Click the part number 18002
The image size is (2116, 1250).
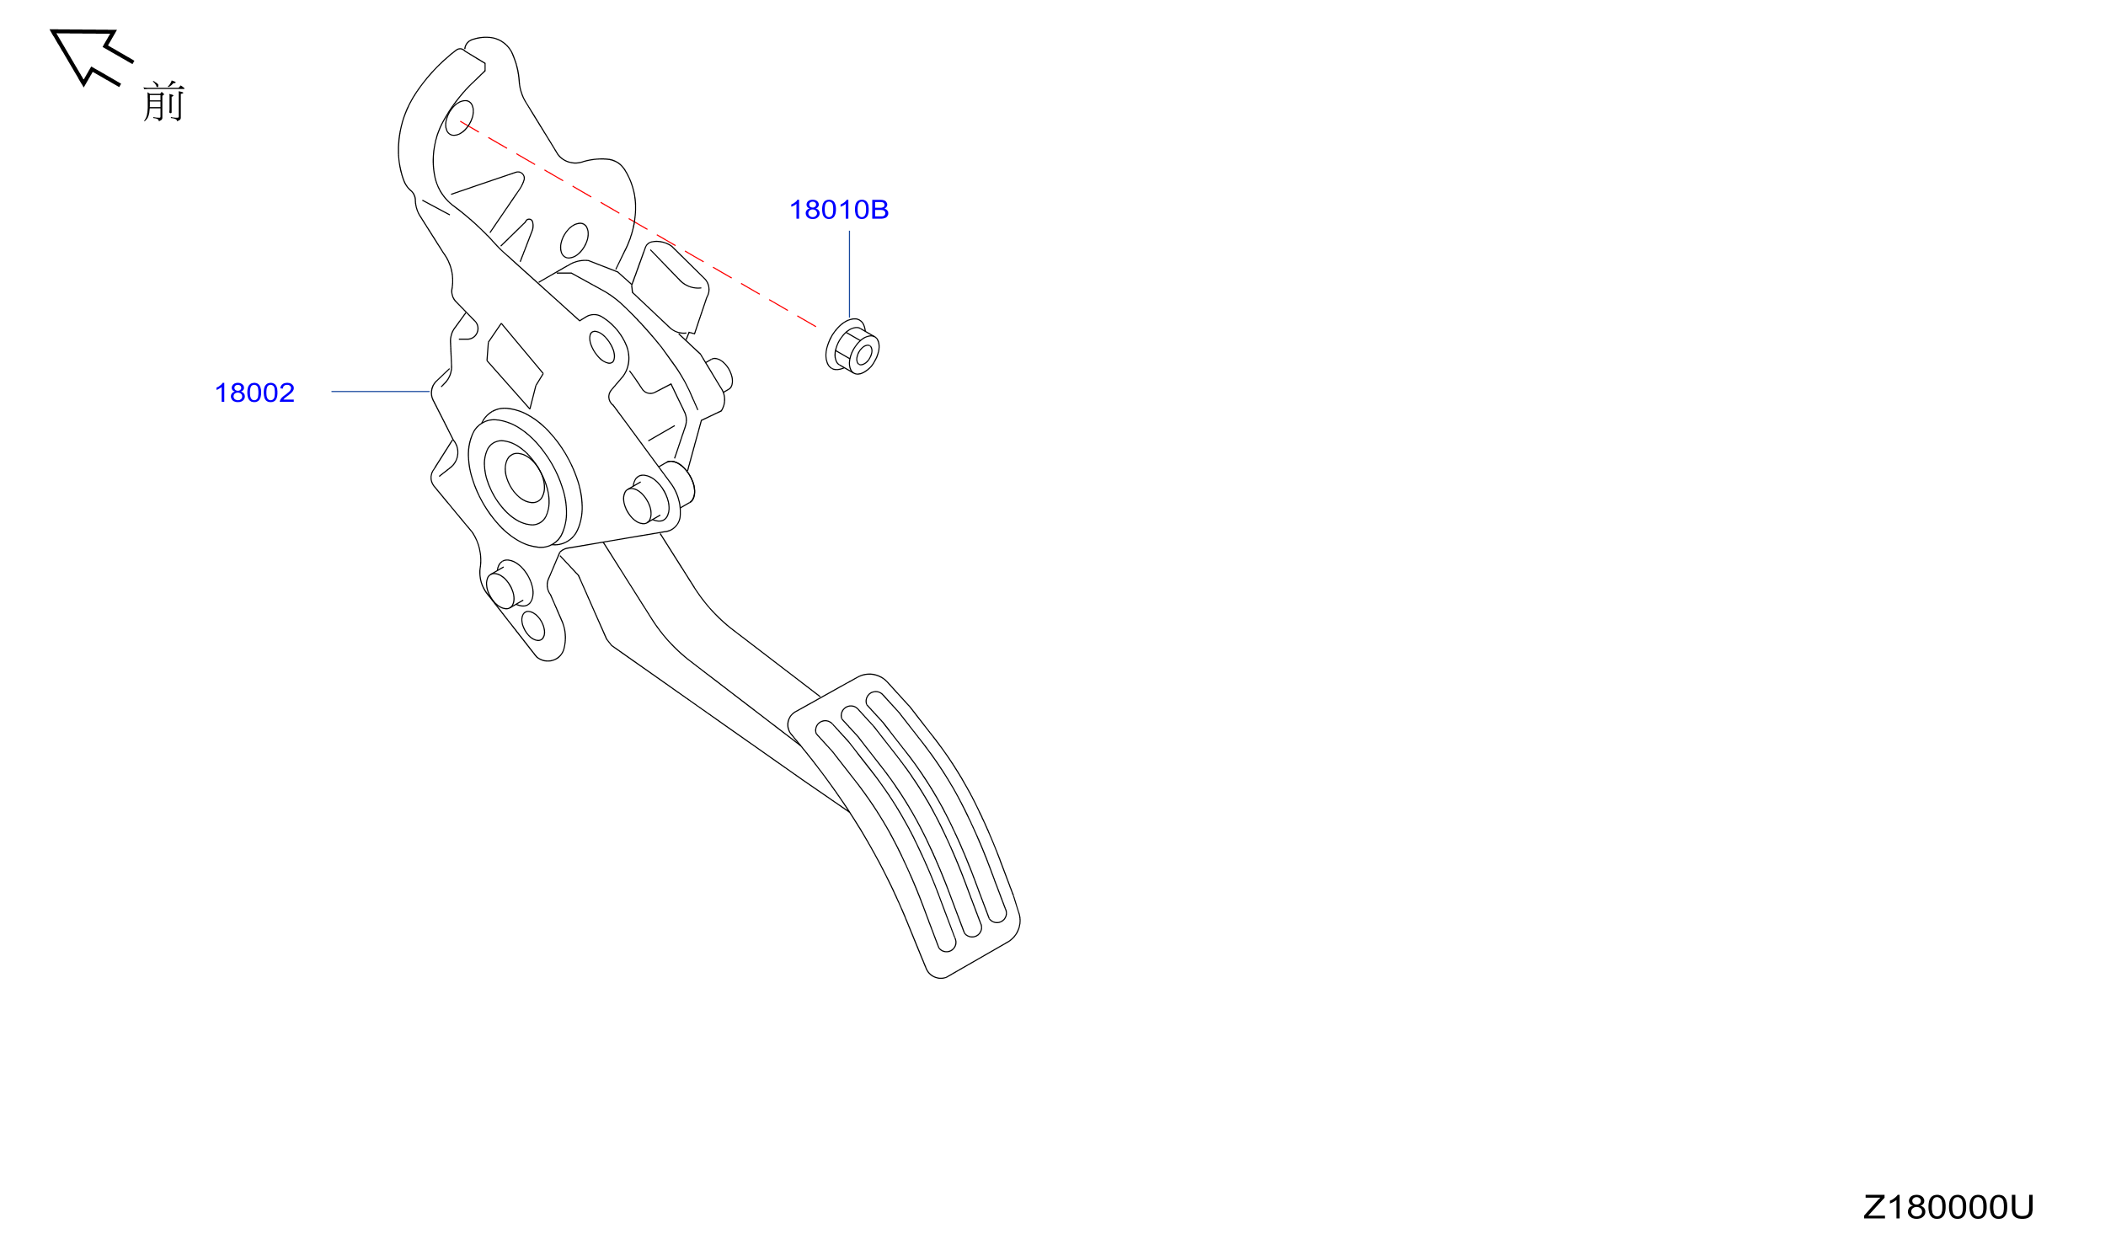coord(254,393)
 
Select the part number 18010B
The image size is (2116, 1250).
coord(839,210)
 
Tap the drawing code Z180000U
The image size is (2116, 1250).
coord(1948,1207)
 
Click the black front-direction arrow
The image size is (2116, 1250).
coord(91,56)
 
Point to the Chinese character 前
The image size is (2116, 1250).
coord(163,101)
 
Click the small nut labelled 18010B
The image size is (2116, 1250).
coord(852,346)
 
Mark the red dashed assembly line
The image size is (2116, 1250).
coord(638,224)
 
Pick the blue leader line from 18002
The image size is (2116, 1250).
coord(381,392)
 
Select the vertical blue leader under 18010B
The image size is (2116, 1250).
coord(849,275)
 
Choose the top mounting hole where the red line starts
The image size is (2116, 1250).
coord(459,118)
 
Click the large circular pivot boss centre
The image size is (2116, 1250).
coord(525,478)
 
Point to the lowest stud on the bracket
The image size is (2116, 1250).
coord(510,585)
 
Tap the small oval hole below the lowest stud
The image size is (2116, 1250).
coord(533,626)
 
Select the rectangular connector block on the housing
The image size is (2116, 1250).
coord(670,287)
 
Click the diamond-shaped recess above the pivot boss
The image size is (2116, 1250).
coord(515,366)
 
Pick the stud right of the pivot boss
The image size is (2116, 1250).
coord(646,499)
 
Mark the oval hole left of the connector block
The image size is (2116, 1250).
coord(574,241)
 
